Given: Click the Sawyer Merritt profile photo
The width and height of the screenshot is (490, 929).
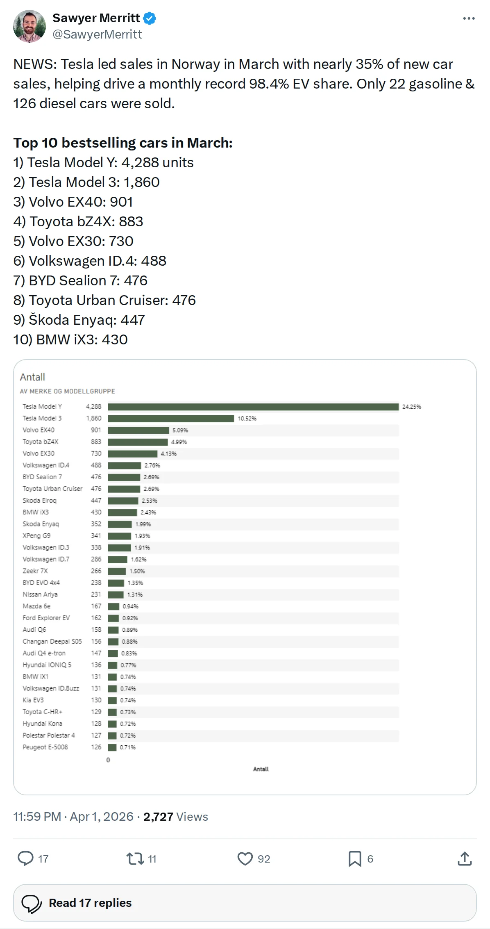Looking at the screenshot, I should [29, 26].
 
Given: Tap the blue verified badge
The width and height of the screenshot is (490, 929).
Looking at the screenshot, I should [150, 18].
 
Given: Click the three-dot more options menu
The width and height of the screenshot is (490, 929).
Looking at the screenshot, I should [469, 18].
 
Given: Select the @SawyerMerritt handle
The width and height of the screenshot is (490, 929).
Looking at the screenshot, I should [97, 34].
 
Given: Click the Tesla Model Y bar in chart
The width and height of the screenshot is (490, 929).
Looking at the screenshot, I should [253, 407].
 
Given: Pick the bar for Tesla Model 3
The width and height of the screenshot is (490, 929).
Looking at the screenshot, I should [171, 419].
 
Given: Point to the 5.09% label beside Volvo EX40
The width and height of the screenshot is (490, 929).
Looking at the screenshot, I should [180, 430].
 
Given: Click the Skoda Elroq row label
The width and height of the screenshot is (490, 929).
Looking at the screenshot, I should [40, 501].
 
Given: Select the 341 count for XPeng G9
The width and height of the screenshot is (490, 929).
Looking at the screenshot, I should [96, 536].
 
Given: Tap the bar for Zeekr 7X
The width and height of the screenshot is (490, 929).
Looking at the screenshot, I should [117, 571].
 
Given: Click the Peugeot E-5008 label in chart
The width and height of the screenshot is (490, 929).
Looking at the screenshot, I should [45, 747].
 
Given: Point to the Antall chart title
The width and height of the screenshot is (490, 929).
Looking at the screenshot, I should [32, 377].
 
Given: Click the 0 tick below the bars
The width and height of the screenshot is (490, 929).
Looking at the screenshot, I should [108, 760].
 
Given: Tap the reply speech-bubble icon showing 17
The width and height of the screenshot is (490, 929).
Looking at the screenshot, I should [25, 858].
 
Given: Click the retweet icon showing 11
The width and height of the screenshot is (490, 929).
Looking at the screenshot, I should [135, 858].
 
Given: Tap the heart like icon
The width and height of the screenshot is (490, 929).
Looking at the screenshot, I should [245, 858].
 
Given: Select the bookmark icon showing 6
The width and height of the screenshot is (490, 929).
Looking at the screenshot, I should [355, 858].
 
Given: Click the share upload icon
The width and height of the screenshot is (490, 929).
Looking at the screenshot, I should [465, 858].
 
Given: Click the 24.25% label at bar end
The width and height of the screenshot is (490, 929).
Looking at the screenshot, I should [412, 407].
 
